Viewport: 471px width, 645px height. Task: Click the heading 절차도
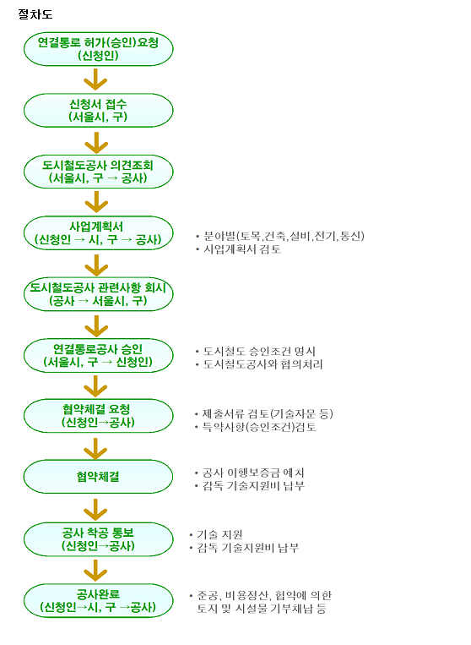(35, 14)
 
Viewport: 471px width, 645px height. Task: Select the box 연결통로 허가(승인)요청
(98, 49)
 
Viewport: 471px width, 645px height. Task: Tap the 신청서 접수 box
(98, 110)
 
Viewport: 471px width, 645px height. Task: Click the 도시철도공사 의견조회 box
(98, 172)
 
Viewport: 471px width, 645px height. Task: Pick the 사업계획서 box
(98, 232)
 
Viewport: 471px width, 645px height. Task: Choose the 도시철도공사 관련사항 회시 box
(98, 294)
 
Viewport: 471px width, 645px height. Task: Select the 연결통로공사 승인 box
(98, 355)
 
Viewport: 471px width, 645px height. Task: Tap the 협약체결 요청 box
(98, 415)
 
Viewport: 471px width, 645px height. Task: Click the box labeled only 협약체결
(98, 477)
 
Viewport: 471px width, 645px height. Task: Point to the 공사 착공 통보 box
(98, 539)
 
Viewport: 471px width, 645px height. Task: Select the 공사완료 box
(98, 600)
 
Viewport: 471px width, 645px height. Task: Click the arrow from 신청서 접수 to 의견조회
(96, 143)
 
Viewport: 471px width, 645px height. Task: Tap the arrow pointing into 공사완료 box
(95, 571)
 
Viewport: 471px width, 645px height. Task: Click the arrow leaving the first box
(95, 79)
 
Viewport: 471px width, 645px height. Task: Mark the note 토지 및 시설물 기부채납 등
(262, 609)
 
